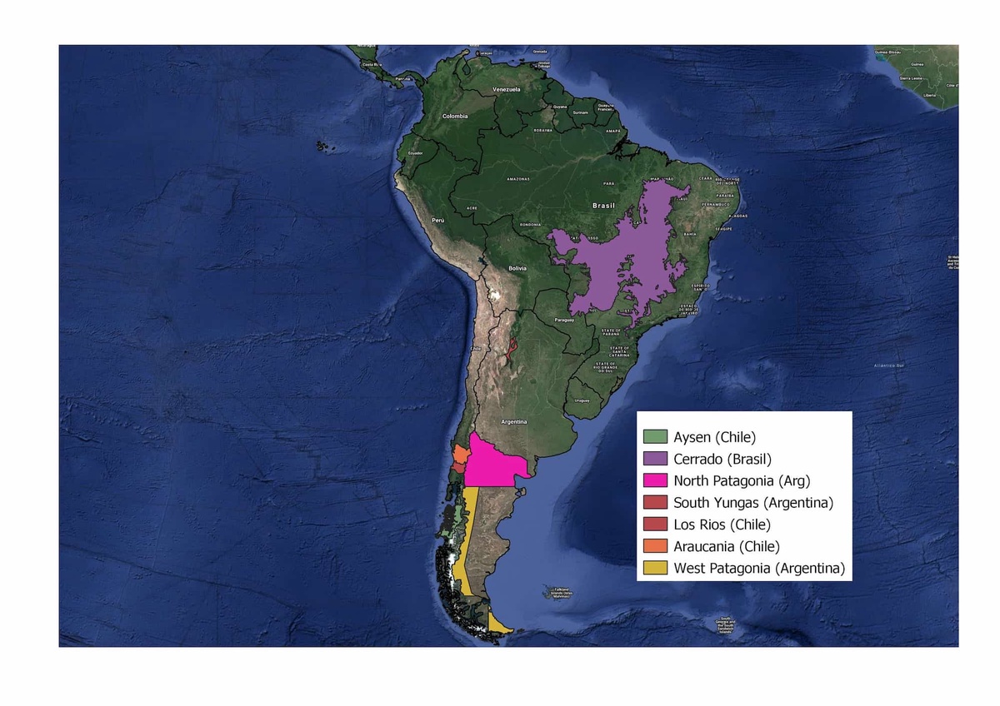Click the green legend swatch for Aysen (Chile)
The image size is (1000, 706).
pos(656,436)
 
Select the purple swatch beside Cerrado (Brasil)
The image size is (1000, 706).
pos(656,459)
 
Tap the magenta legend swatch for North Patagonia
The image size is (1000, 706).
pos(656,480)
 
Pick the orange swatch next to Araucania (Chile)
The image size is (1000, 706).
pos(656,547)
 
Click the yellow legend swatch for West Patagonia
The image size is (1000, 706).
pos(656,569)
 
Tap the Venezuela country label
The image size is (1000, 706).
pos(506,89)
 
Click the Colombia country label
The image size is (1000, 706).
pos(455,117)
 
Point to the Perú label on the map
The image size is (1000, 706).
pos(438,220)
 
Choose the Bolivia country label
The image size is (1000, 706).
pos(517,268)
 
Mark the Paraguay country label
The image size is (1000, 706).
pos(564,320)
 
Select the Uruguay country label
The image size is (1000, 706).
pos(581,401)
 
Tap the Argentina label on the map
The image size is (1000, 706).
pos(514,422)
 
